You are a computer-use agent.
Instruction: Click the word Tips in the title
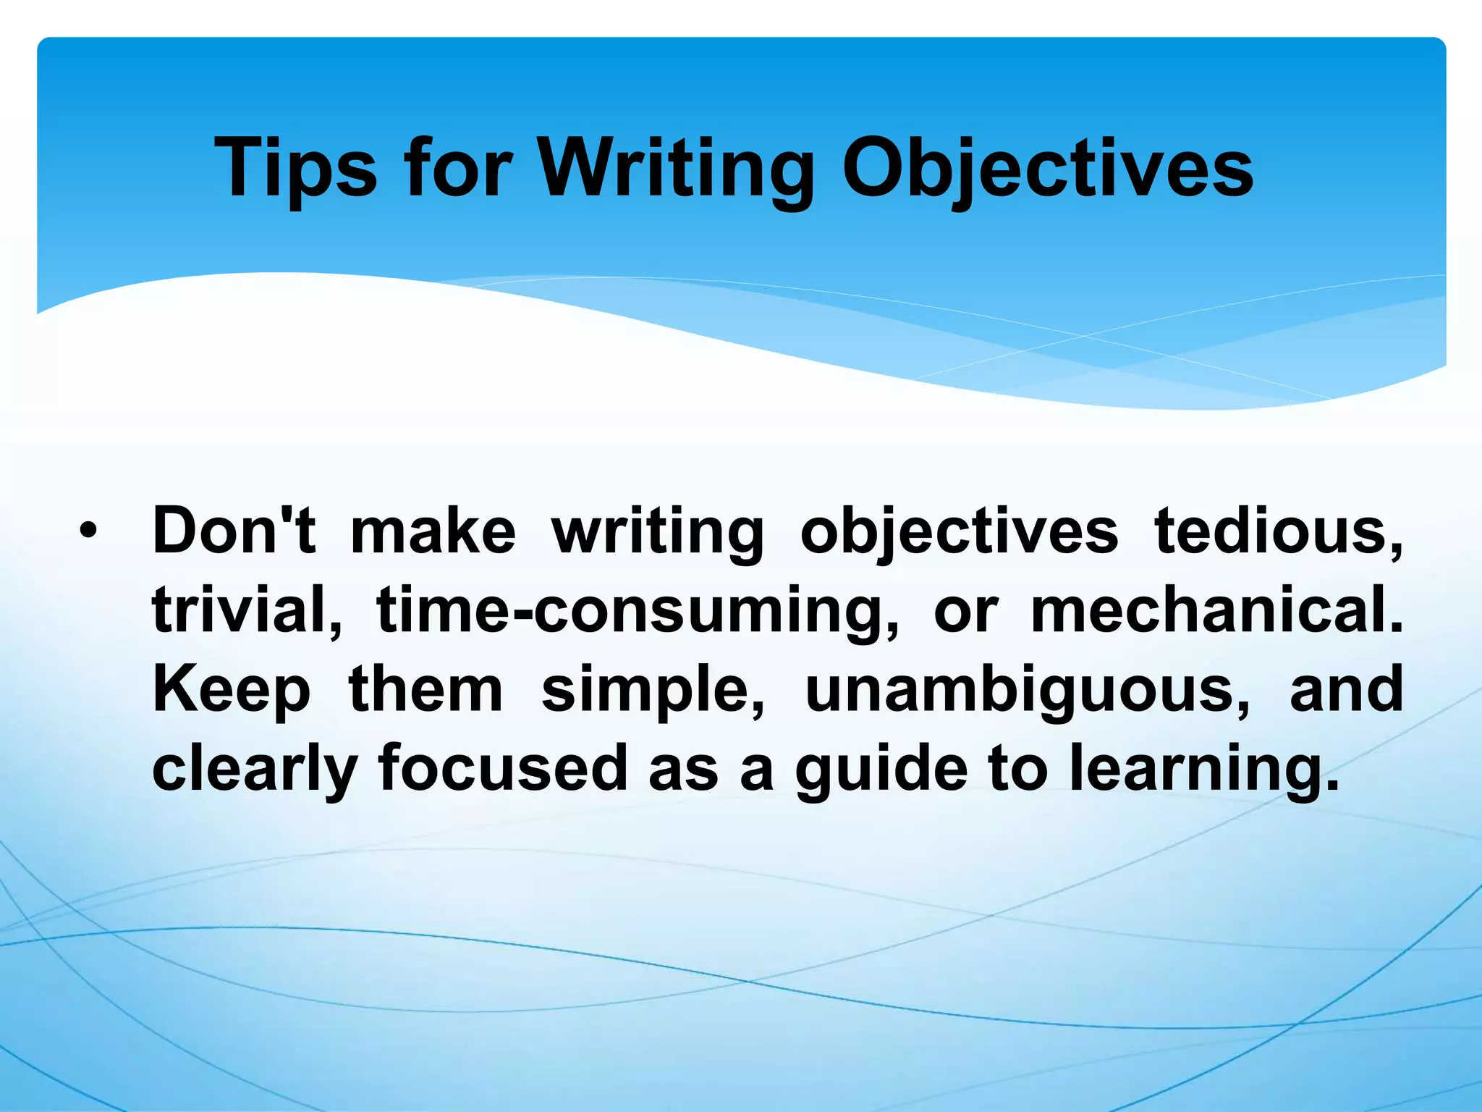295,168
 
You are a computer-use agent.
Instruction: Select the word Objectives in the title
1047,168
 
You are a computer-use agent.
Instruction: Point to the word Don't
234,531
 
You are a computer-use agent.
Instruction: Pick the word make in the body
433,531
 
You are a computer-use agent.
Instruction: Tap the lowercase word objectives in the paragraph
959,532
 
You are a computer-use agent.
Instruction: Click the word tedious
1278,531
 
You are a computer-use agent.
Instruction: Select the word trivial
247,610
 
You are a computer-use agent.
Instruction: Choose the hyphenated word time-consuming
638,610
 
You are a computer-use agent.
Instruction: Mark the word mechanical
1216,610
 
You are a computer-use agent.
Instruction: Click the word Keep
231,689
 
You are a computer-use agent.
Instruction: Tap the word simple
653,689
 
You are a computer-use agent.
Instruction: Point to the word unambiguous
1027,689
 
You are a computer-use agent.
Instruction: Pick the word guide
881,769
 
